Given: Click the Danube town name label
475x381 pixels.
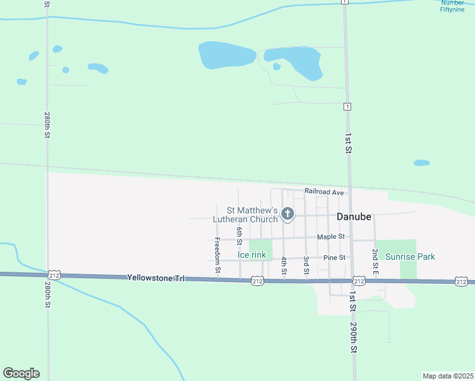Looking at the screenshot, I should coord(354,216).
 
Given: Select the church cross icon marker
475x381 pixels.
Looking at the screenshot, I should coord(288,214).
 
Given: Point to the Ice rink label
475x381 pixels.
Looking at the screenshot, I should coord(252,255).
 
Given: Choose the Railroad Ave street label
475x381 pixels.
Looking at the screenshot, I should coord(324,191).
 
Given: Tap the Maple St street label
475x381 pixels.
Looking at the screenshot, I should coord(331,236).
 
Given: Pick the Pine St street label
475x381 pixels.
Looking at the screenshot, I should coord(334,257).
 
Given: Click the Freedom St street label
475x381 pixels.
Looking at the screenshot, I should coord(217,256).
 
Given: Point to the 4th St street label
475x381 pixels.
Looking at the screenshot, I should coord(284,265).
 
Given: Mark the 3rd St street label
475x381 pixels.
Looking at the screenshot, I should coord(306,265).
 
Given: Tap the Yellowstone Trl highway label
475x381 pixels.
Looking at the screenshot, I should coord(156,277).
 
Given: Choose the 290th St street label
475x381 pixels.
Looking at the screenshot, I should coord(354,337).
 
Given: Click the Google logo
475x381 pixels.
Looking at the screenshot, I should coord(21,373).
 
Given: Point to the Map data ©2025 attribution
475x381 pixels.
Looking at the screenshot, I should coord(448,376).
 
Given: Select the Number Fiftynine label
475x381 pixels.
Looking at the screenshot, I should coord(457,6).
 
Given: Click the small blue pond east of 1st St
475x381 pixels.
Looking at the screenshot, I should coord(422,163).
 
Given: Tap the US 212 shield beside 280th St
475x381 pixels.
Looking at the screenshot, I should coord(53,275).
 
